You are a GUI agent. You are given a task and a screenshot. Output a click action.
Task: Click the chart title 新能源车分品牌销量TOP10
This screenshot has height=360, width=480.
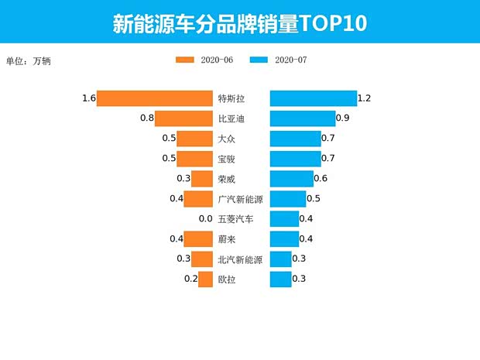(239, 22)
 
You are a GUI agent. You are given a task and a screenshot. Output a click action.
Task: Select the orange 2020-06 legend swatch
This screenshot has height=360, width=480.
(185, 60)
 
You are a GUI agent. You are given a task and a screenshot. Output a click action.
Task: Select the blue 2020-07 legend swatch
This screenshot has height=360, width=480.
(259, 60)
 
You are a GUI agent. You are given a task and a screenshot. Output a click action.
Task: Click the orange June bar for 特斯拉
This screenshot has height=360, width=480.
(155, 98)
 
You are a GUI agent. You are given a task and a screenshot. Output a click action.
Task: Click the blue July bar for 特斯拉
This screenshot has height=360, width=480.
(313, 98)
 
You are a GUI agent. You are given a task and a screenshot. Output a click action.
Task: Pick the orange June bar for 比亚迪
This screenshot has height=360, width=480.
(184, 118)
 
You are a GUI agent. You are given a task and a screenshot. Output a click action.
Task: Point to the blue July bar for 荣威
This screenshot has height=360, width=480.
(291, 179)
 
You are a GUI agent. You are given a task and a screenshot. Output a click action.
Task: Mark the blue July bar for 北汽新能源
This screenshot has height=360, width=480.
(280, 259)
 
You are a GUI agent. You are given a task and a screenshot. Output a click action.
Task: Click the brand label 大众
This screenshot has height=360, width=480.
(227, 139)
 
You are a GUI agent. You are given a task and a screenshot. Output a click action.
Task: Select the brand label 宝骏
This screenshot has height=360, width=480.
(227, 159)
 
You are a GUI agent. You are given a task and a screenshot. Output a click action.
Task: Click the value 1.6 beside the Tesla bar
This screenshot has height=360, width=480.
(88, 98)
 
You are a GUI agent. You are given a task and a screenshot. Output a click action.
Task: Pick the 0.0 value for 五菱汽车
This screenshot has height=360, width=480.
(205, 219)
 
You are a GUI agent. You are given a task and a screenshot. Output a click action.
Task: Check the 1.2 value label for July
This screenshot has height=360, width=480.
(365, 98)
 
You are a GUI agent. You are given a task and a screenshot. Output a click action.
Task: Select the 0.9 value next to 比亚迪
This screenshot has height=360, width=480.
(343, 118)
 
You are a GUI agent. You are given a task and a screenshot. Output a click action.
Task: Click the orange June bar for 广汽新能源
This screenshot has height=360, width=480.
(198, 199)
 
